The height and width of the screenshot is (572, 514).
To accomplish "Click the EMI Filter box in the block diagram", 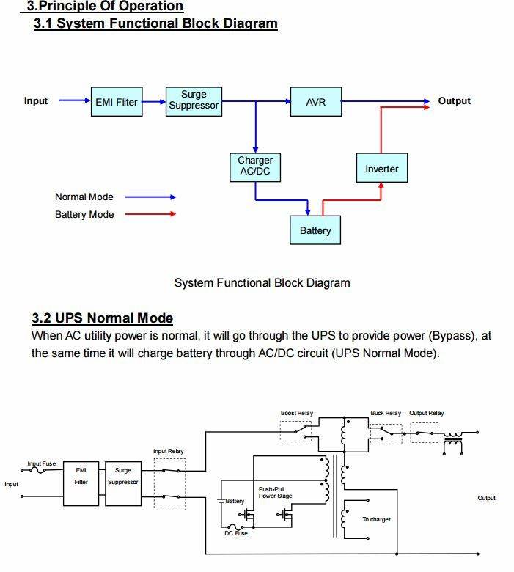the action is coord(117,102).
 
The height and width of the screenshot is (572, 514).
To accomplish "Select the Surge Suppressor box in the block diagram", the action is coord(194,102).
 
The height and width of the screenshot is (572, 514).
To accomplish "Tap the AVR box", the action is coord(316,102).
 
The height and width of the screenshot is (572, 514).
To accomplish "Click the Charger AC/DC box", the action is coord(255,167).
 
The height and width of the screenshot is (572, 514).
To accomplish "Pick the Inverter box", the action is coord(382,168).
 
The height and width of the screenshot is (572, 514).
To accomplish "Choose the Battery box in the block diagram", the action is coord(315,230).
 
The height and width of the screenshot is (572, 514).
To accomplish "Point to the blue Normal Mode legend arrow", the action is coord(150,197).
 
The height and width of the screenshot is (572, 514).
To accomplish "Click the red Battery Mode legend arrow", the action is coord(150,214).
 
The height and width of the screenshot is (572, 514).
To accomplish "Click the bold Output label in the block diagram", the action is coord(454,101).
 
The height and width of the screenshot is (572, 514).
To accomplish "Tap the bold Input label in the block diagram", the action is coord(36,101).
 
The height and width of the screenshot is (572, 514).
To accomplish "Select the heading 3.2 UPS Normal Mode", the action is coord(102,318).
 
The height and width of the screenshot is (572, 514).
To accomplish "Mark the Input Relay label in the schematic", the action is coord(168,451).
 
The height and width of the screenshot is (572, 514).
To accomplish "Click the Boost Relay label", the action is coord(297,413).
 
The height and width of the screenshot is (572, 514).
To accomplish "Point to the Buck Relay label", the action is coord(386,413).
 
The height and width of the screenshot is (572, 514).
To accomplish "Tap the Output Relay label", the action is coord(427,413).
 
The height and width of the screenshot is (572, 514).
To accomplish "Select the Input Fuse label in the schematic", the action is coord(42,463).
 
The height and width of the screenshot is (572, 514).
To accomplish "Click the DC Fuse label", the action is coord(236,533).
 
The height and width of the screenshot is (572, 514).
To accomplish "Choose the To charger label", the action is coord(376,519).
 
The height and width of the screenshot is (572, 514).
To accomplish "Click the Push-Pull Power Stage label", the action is coord(276,493).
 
